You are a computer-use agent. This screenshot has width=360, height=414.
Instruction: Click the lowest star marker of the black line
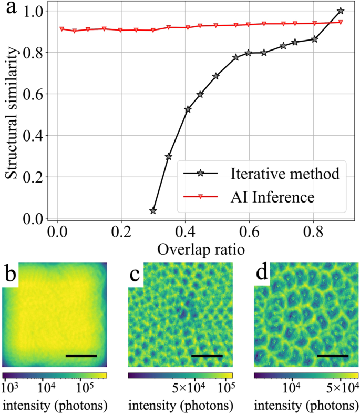point(153,211)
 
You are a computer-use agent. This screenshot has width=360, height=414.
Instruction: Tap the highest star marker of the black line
point(341,11)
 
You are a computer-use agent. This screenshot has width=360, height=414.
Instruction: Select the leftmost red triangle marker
point(62,29)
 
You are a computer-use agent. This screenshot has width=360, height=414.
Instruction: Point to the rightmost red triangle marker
point(341,22)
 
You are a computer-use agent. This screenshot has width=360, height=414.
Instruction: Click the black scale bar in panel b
point(81,356)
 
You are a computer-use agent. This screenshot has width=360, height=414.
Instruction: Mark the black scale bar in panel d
point(333,356)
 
